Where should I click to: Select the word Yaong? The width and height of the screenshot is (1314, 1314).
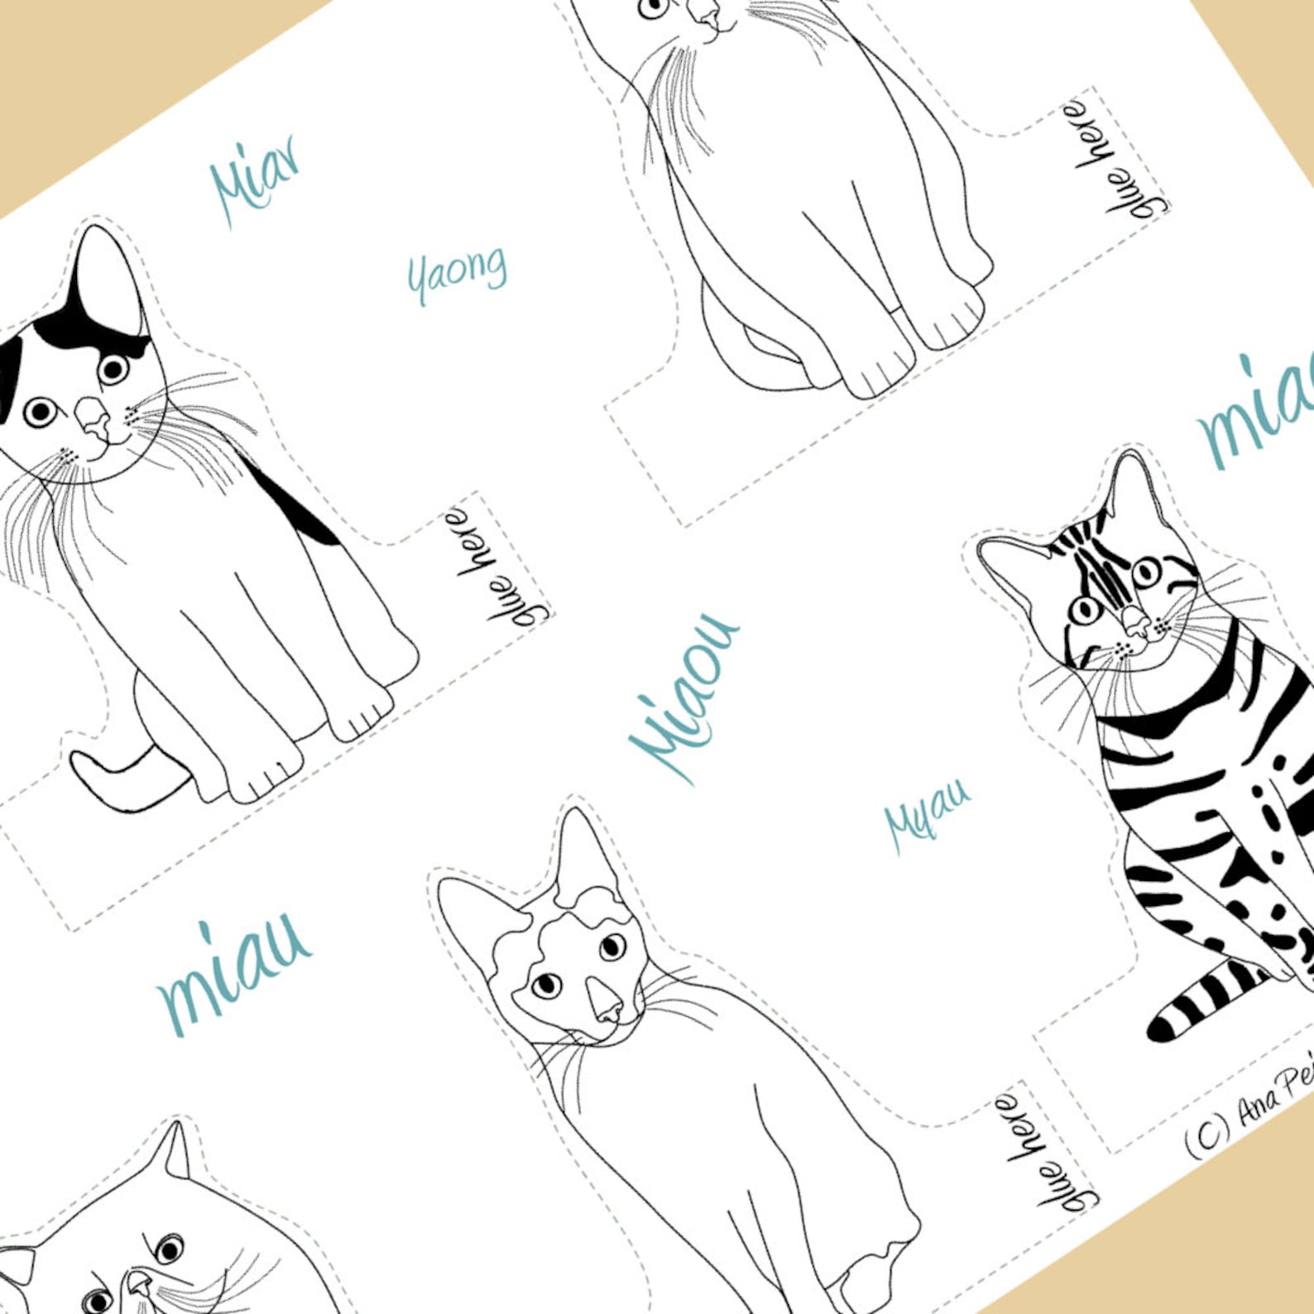(x=457, y=273)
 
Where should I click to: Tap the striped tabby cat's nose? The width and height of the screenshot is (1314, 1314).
(x=1135, y=621)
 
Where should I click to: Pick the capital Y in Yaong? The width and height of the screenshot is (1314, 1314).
(x=417, y=281)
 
